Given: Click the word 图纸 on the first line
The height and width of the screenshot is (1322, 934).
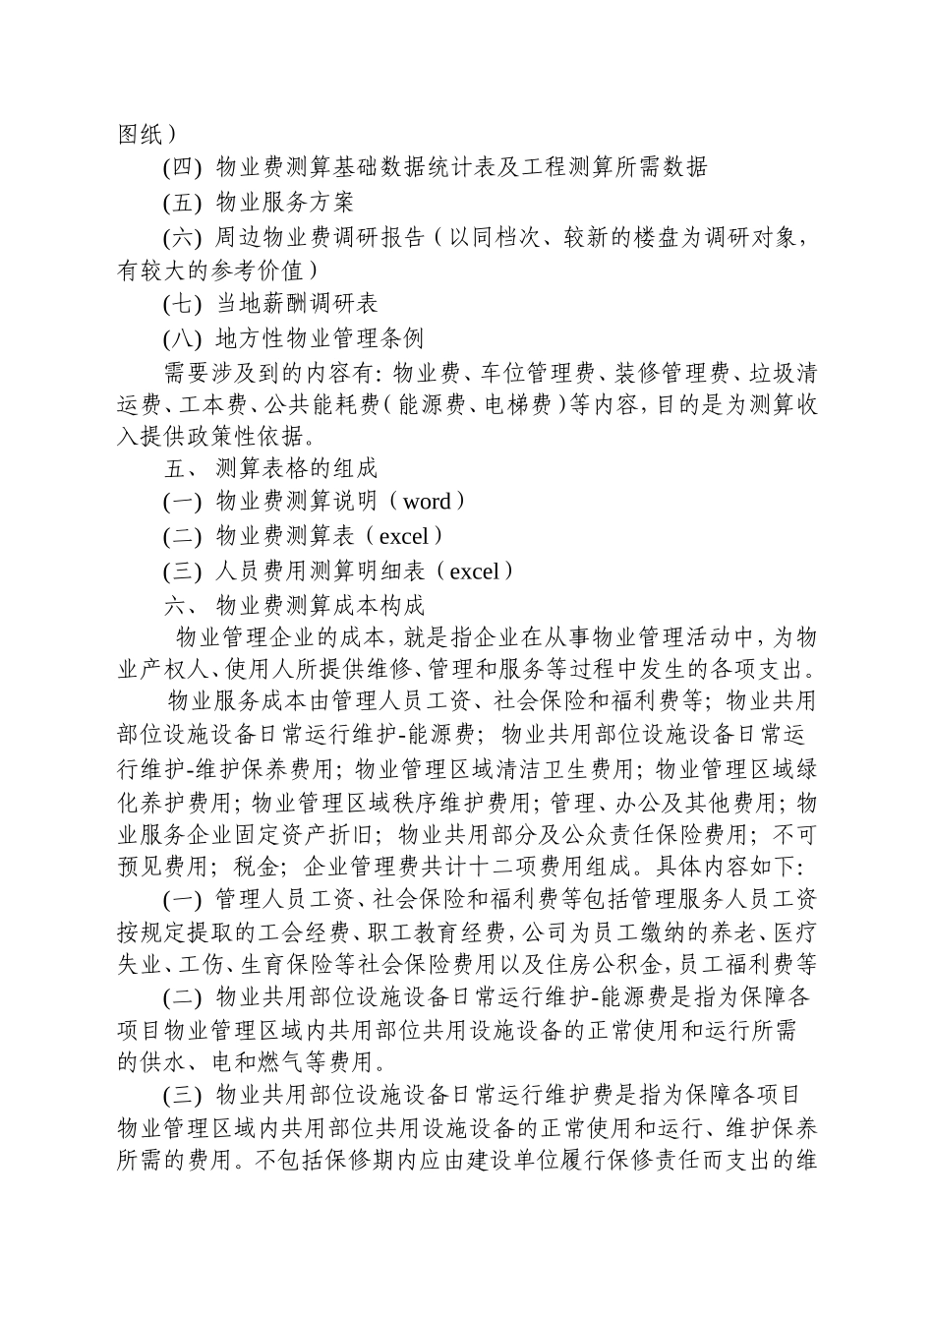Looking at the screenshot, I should click(x=141, y=135).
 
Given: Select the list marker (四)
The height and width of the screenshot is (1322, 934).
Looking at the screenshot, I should click(x=182, y=168).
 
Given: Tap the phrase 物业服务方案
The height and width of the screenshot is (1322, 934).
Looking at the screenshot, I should click(x=284, y=203).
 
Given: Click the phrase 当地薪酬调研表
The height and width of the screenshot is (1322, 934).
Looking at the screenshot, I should click(x=297, y=305).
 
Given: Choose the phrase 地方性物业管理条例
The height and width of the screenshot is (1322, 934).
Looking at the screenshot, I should click(x=320, y=339).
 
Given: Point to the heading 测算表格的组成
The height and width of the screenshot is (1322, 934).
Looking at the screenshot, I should click(x=296, y=468).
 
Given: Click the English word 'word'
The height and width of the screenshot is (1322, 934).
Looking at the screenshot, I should click(x=427, y=502).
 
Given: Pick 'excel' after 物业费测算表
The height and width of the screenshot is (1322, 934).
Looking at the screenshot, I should click(x=403, y=536).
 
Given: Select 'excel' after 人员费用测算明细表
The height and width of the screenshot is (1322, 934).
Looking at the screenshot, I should click(x=474, y=571).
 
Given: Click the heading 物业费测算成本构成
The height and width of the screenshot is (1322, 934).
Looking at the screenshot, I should click(x=320, y=604).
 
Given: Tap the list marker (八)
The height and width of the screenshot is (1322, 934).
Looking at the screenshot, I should click(x=182, y=339).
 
